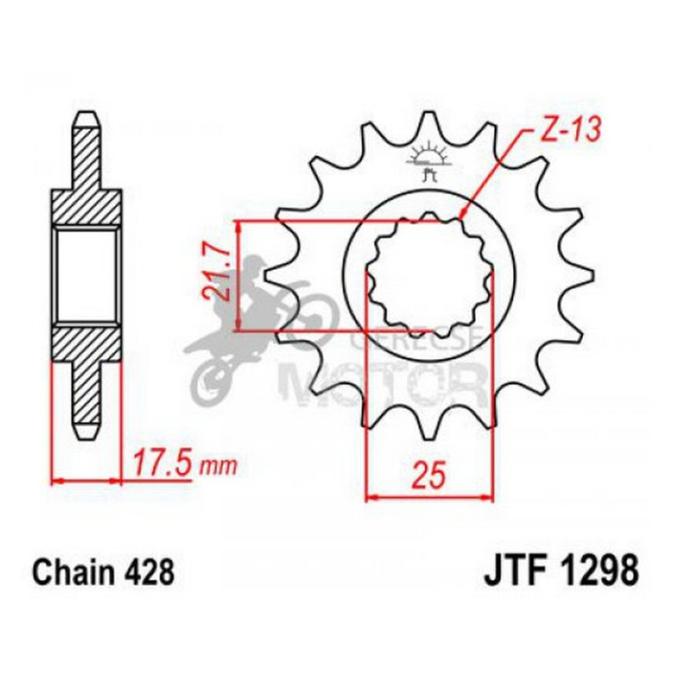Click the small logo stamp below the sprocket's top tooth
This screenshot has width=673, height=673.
pyautogui.click(x=428, y=162)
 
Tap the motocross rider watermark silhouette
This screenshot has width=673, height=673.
pyautogui.click(x=253, y=323)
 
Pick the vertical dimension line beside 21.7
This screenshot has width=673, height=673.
pyautogui.click(x=238, y=275)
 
